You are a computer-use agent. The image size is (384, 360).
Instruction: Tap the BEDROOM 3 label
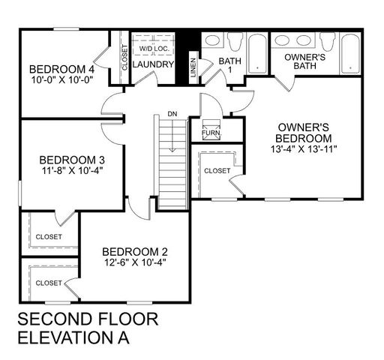(71, 160)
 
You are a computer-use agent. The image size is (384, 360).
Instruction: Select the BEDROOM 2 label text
(134, 251)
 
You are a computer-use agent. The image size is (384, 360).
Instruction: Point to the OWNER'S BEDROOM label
(303, 133)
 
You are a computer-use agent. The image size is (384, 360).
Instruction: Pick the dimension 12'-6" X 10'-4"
(134, 262)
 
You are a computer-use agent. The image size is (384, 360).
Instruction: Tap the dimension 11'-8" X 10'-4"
(71, 171)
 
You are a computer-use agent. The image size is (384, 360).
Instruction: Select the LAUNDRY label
(154, 64)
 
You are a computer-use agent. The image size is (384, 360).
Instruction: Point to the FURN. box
(211, 133)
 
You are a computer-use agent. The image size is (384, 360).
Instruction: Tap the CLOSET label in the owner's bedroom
(217, 170)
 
